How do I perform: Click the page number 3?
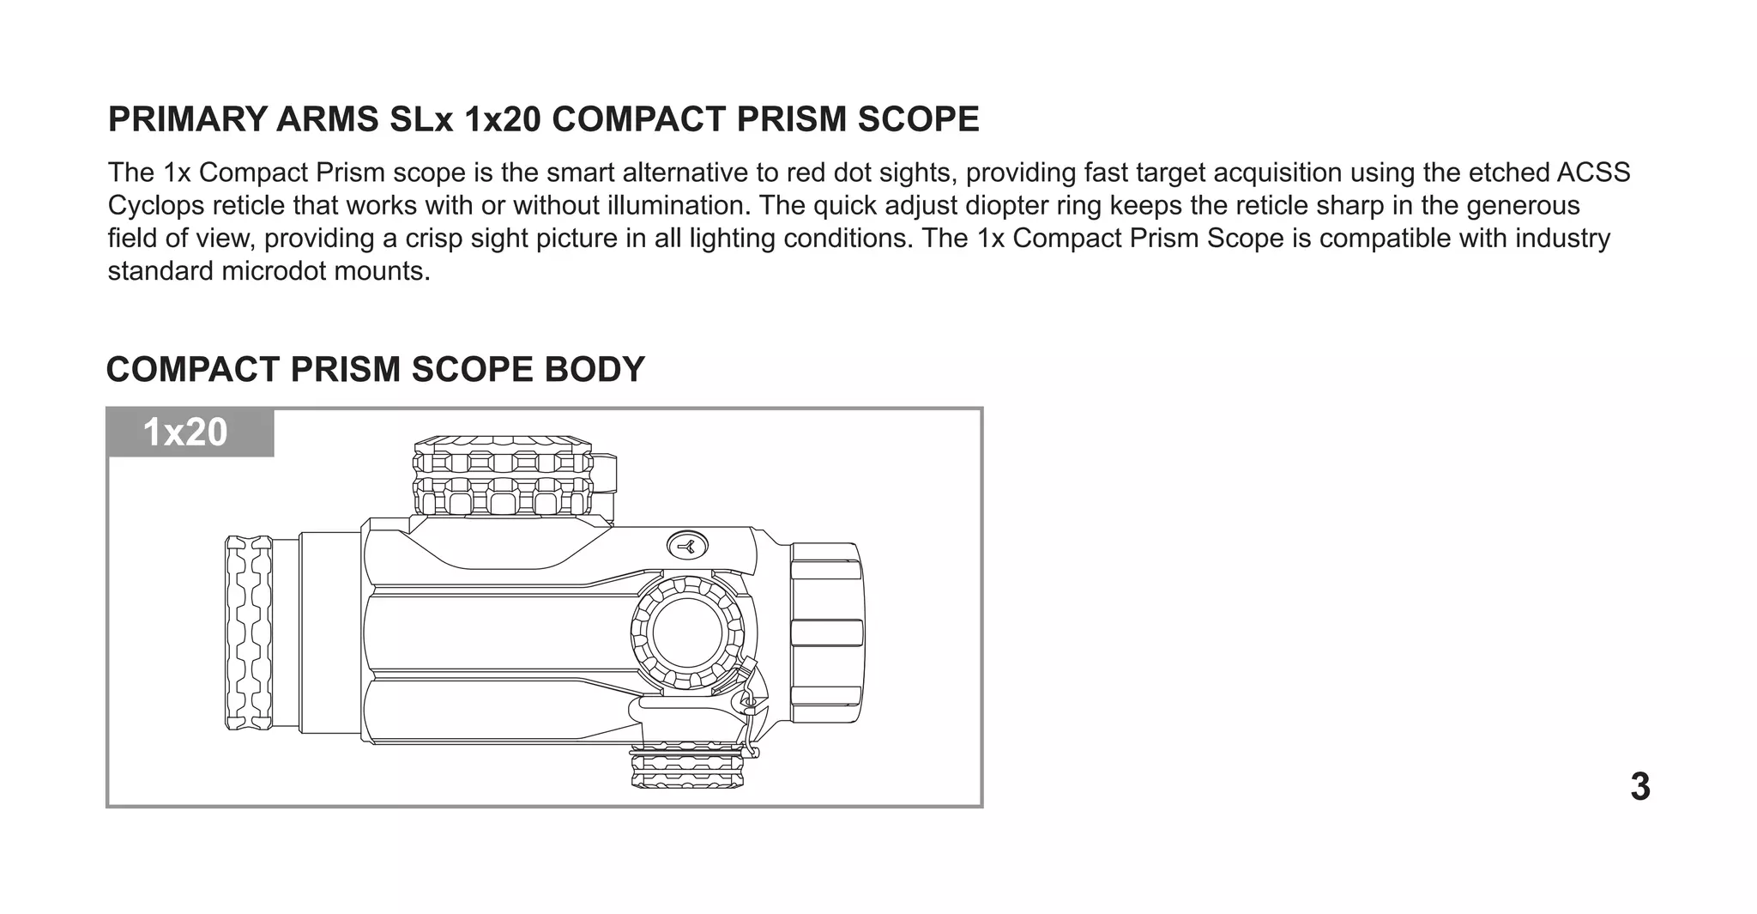click(x=1639, y=787)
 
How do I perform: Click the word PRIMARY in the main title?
click(x=186, y=119)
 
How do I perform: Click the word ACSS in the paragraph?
click(x=1593, y=173)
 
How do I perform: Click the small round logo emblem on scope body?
click(x=687, y=545)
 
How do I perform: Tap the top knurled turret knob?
click(x=504, y=476)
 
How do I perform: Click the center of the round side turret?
click(x=688, y=633)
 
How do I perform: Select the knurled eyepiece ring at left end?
click(x=249, y=633)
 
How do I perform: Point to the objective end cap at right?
click(x=826, y=633)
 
